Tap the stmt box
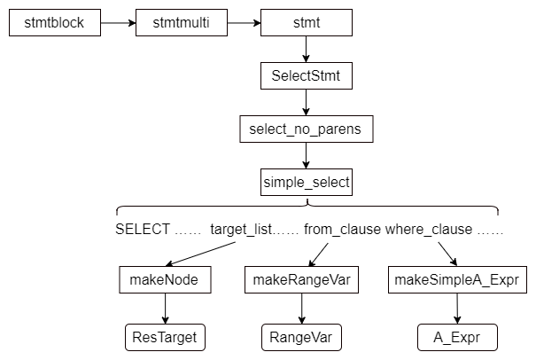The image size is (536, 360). (x=305, y=23)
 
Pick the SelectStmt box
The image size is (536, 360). (x=306, y=77)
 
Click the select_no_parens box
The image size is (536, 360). (x=306, y=130)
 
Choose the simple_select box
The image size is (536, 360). (x=307, y=184)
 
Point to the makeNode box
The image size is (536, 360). (x=163, y=282)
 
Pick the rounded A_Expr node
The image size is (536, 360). (x=456, y=337)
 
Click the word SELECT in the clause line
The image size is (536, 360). (x=143, y=229)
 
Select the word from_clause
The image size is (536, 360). (x=342, y=229)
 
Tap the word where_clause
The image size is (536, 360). (x=428, y=229)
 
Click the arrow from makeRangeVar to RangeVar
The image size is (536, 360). (x=301, y=309)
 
